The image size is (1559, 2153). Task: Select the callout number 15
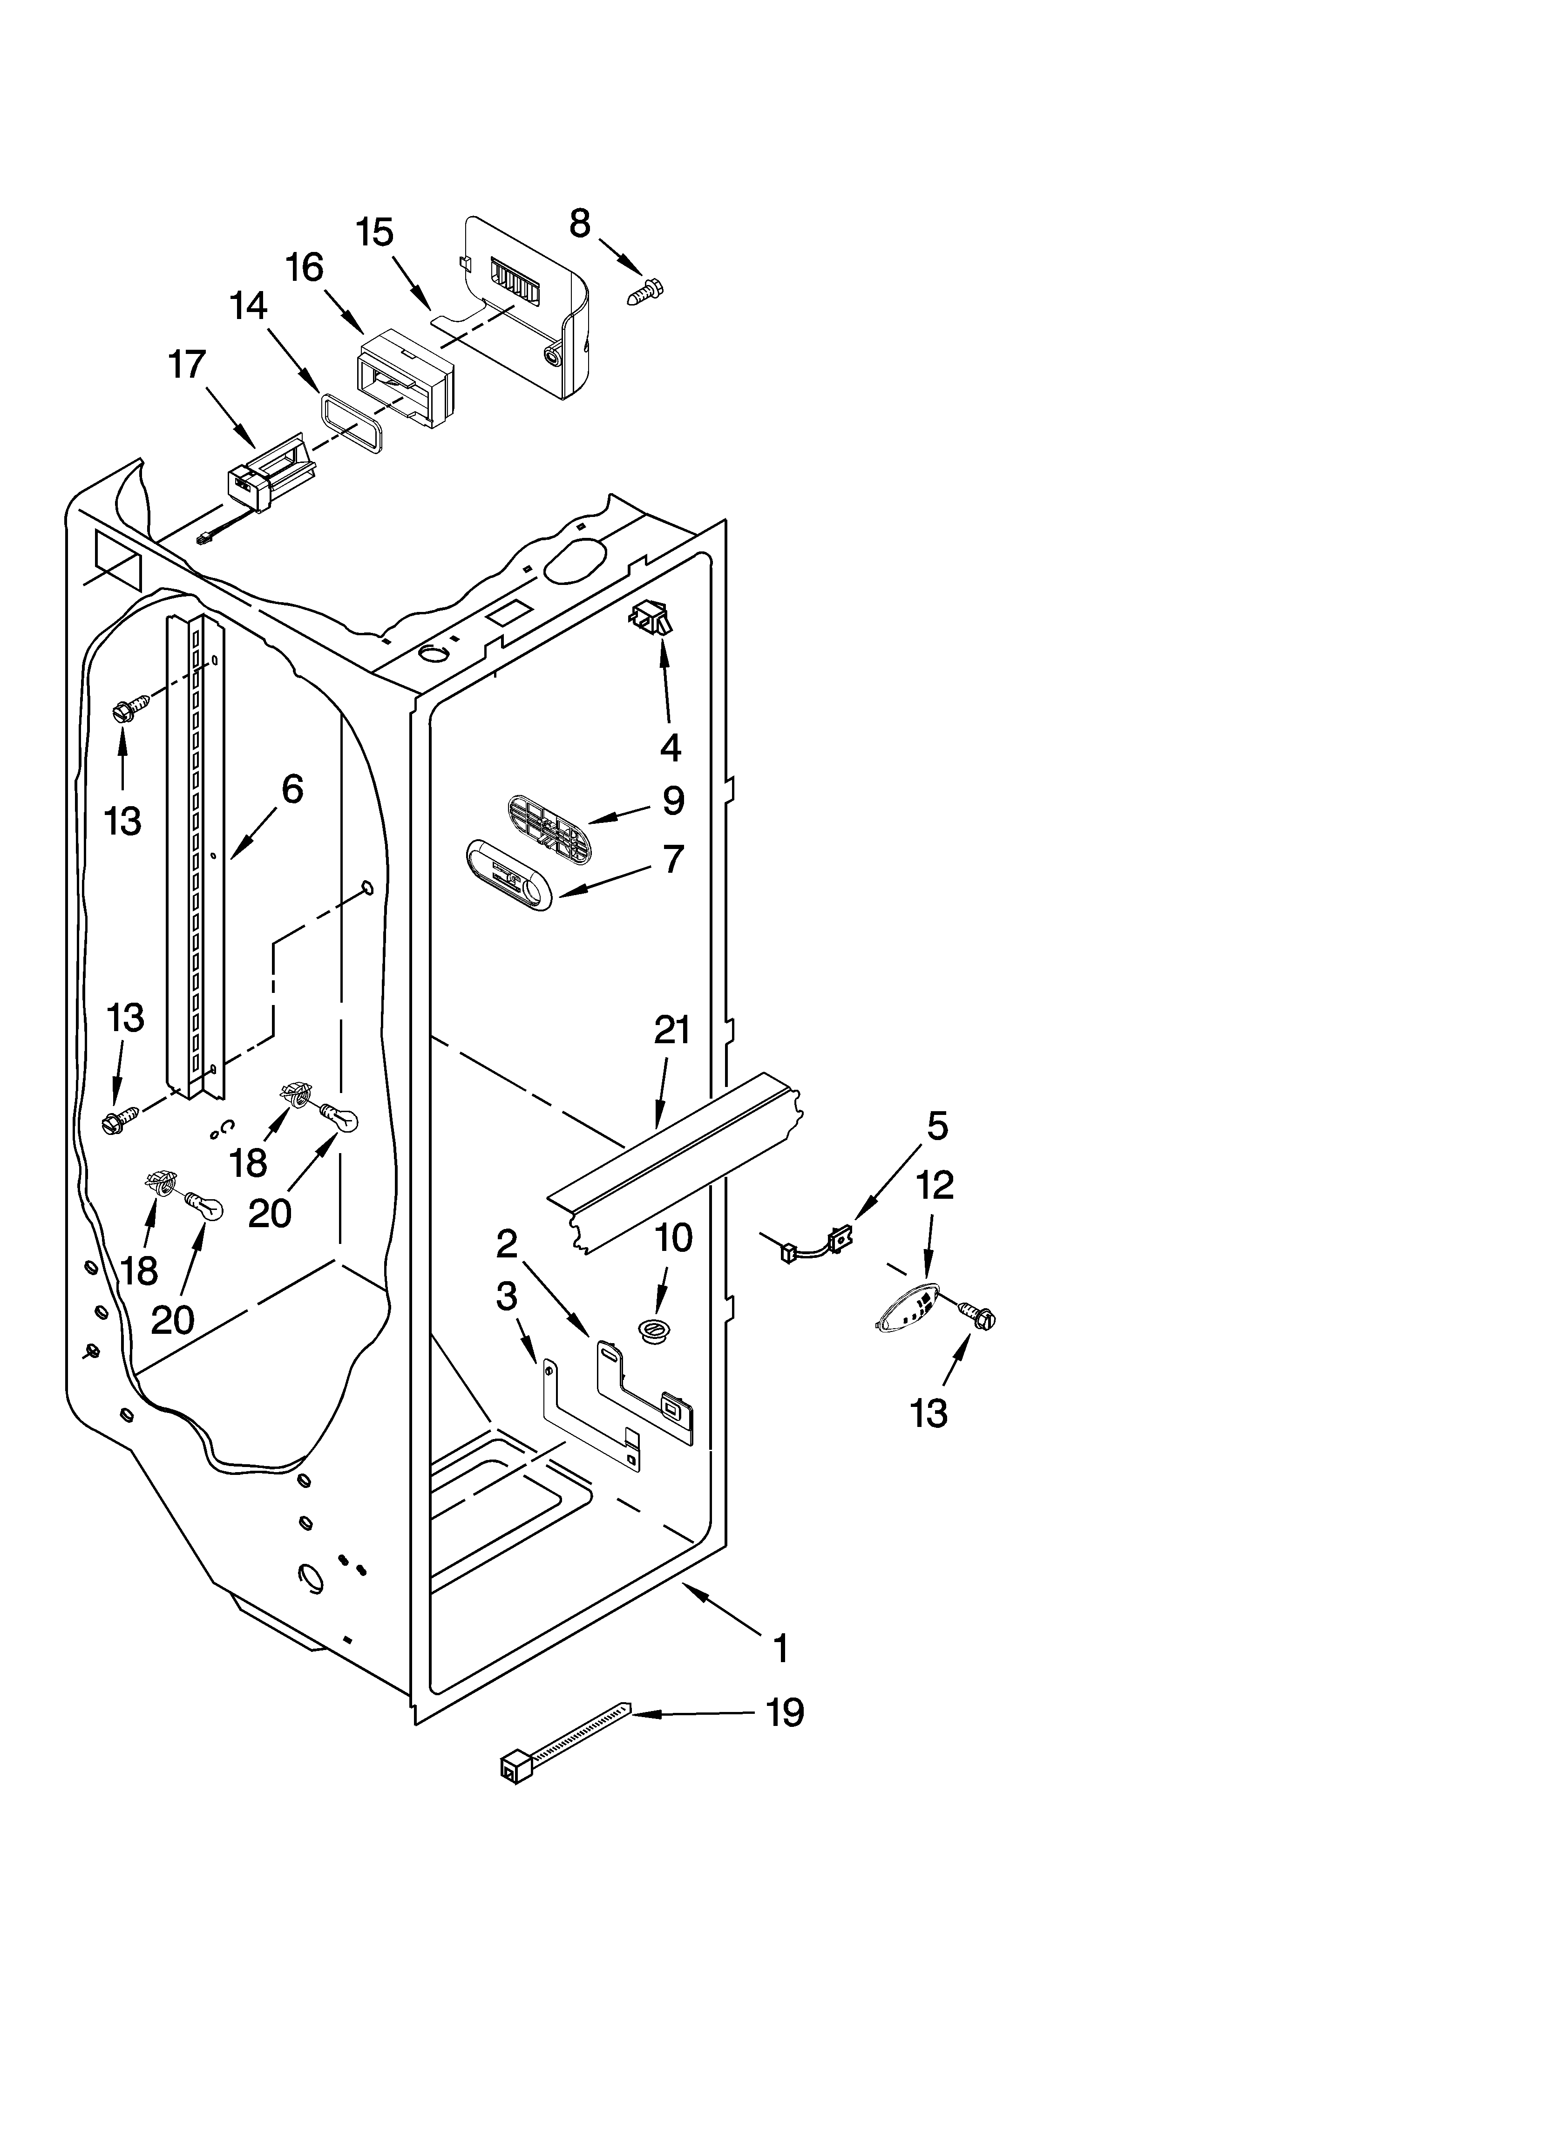[x=375, y=232]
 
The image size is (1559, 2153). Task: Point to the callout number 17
[x=187, y=365]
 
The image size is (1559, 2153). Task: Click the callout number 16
[x=305, y=268]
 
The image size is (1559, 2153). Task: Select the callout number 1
[x=780, y=1649]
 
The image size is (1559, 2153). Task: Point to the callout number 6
[x=291, y=789]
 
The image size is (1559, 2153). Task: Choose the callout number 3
[x=506, y=1296]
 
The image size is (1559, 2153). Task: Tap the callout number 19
[x=784, y=1712]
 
